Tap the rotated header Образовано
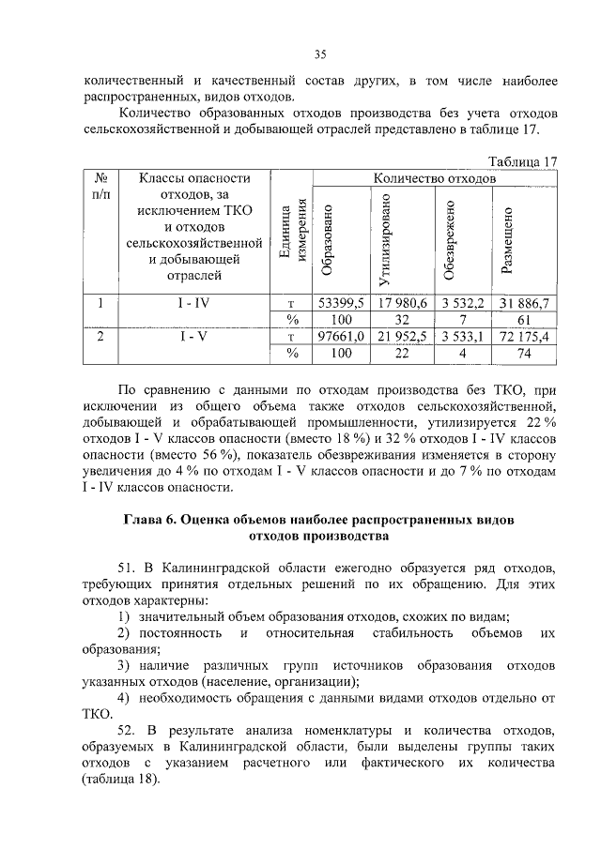(x=327, y=240)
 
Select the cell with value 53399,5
(x=341, y=302)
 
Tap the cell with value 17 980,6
(x=403, y=302)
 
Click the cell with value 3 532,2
(x=463, y=302)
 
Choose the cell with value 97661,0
(x=341, y=336)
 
